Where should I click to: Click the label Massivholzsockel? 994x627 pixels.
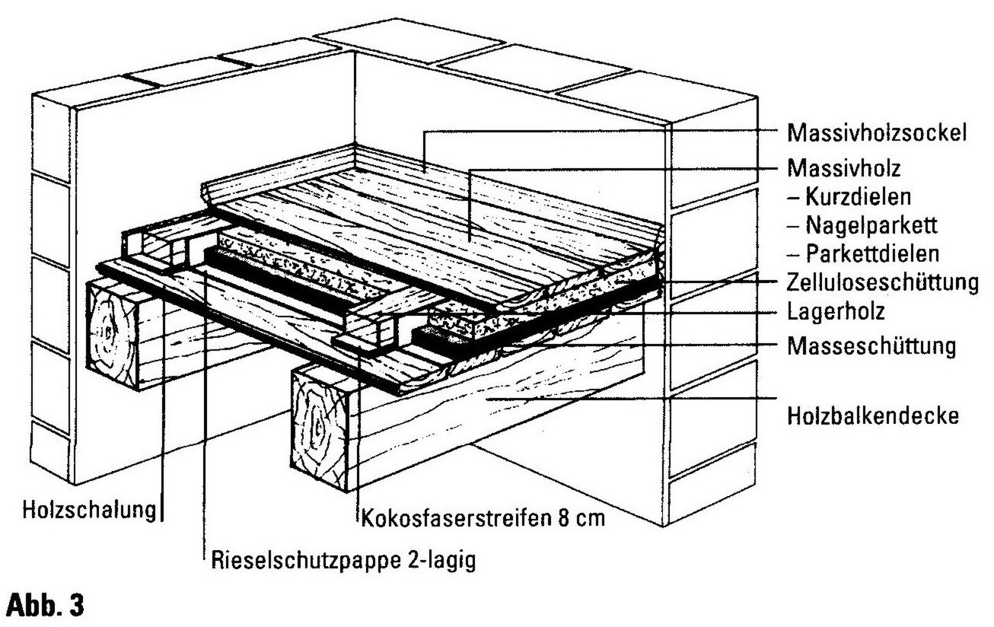(x=878, y=133)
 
